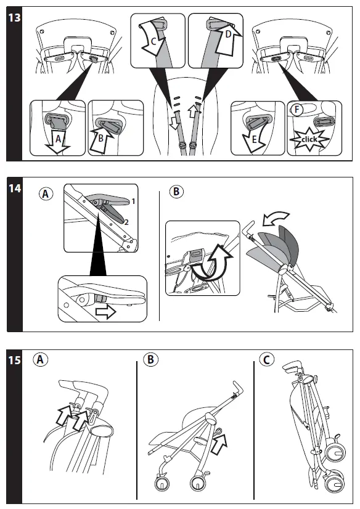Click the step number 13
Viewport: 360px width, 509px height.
click(x=14, y=17)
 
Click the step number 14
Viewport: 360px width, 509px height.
click(x=15, y=189)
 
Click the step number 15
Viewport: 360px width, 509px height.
click(x=15, y=360)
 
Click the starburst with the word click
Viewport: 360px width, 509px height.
click(x=309, y=140)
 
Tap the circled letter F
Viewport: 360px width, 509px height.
click(x=297, y=110)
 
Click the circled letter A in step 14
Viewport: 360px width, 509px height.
click(x=46, y=193)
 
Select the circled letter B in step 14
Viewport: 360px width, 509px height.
click(x=176, y=191)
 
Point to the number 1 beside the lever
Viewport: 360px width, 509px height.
click(x=133, y=202)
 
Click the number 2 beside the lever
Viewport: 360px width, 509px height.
click(x=126, y=222)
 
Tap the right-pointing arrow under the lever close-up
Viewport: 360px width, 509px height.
click(x=106, y=312)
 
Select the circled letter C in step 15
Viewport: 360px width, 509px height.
click(x=267, y=360)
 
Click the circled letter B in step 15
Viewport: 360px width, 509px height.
click(x=150, y=360)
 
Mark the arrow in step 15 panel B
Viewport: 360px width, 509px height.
click(x=219, y=444)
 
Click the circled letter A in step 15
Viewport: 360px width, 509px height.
click(x=40, y=360)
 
